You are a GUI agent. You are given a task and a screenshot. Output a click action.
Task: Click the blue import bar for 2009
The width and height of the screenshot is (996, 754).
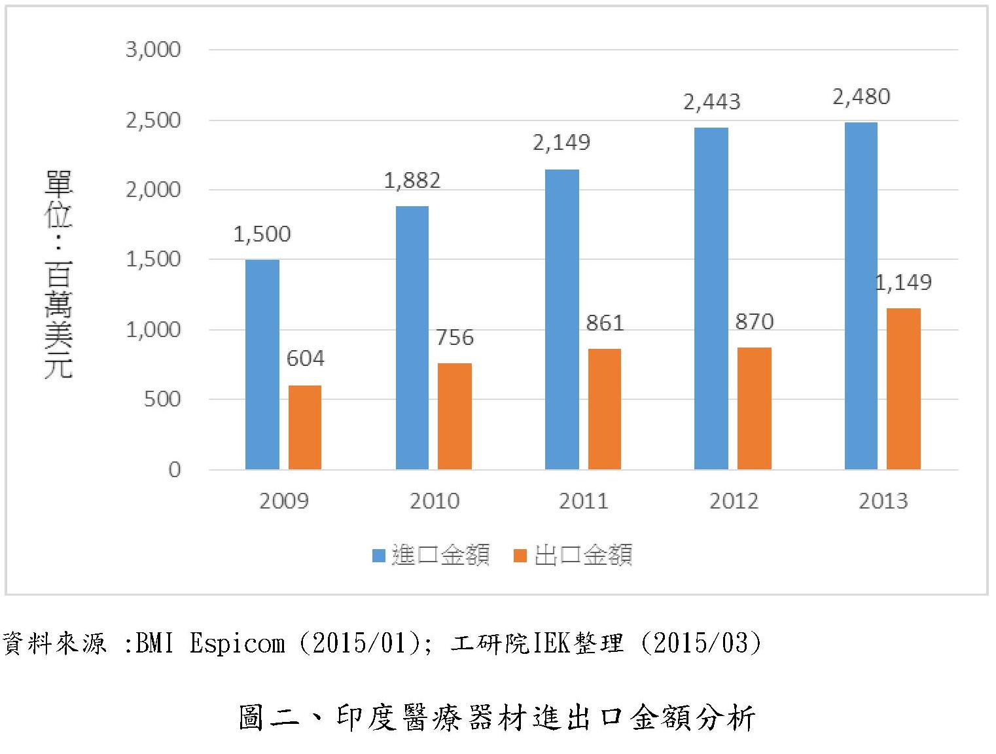[x=262, y=365]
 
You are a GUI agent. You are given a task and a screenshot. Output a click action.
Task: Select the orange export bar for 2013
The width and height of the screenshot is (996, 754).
[x=903, y=389]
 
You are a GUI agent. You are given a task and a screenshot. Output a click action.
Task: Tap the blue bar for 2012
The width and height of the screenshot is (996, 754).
[x=711, y=298]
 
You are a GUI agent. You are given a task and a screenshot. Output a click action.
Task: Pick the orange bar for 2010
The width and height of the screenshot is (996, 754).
[x=454, y=416]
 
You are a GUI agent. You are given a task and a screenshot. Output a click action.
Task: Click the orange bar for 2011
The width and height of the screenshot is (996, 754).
[x=604, y=409]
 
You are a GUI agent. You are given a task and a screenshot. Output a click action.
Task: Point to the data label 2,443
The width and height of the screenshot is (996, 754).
[x=711, y=102]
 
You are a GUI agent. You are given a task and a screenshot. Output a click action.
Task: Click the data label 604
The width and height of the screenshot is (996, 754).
[x=305, y=359]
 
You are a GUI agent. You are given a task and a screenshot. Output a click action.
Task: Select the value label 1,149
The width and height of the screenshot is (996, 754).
[x=903, y=283]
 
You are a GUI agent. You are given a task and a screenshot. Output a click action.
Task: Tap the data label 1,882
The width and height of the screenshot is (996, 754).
[x=412, y=181]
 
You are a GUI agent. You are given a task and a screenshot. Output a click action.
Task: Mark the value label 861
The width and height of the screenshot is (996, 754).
[x=604, y=323]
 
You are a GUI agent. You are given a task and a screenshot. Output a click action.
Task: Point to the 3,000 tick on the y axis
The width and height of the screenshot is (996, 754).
[x=153, y=50]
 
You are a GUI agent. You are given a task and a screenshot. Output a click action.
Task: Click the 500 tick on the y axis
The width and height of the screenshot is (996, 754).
[x=162, y=399]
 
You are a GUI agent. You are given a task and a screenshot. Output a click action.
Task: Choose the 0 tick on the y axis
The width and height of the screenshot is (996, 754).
[x=174, y=470]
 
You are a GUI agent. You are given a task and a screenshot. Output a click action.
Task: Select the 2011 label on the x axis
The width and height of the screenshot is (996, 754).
[x=584, y=501]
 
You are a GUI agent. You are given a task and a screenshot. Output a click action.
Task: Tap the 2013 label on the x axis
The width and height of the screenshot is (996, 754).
[x=883, y=501]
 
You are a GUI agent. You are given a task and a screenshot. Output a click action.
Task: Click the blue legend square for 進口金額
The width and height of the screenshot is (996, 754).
[x=378, y=556]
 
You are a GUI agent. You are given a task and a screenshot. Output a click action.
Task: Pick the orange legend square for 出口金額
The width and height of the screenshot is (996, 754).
[x=520, y=556]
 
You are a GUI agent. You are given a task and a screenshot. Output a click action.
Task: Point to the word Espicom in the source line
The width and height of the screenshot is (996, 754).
[x=237, y=644]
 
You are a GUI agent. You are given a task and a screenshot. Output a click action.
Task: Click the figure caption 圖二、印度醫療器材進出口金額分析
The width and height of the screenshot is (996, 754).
[x=497, y=718]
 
